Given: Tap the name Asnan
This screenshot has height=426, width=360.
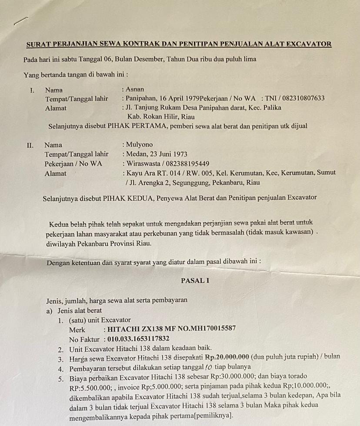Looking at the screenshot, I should (135, 90).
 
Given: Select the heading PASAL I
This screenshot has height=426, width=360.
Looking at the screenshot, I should (195, 281).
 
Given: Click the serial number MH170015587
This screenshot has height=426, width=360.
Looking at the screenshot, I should (207, 329).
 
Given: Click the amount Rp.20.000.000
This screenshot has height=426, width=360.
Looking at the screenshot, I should (227, 357).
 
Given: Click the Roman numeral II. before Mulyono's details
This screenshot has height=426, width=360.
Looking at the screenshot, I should (30, 145).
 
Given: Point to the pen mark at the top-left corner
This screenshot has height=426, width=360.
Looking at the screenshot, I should (20, 21).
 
